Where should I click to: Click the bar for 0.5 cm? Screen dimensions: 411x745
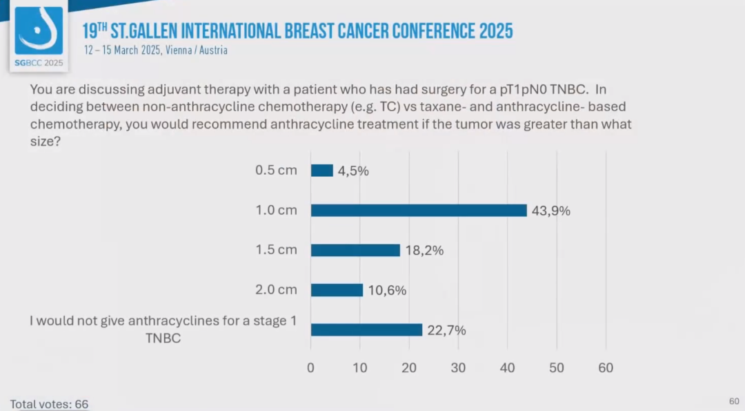(322, 170)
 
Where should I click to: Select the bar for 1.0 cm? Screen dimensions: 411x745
(419, 210)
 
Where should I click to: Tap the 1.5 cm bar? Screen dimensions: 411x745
(355, 250)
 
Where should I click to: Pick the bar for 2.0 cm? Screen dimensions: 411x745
(337, 290)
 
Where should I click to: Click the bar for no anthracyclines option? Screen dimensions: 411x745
(366, 330)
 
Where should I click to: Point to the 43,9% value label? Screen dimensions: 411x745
(551, 211)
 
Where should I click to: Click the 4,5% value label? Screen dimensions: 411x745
(353, 171)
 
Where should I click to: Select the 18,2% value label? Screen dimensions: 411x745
(424, 251)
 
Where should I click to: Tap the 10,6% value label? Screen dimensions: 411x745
(387, 291)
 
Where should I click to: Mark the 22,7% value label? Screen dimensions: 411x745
(446, 331)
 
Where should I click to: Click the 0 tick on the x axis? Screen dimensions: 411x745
(310, 368)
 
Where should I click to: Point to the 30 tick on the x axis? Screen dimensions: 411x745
(458, 368)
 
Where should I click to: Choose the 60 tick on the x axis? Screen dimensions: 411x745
(606, 368)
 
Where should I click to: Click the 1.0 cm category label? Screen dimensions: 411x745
(276, 210)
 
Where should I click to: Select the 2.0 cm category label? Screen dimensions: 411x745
(276, 290)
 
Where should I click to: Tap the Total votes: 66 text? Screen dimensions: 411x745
(49, 404)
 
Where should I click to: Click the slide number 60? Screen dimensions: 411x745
(734, 401)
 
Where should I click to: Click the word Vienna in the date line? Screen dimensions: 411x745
(181, 50)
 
